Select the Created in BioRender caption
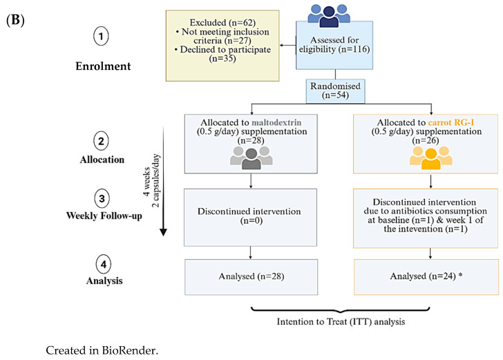[102, 350]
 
